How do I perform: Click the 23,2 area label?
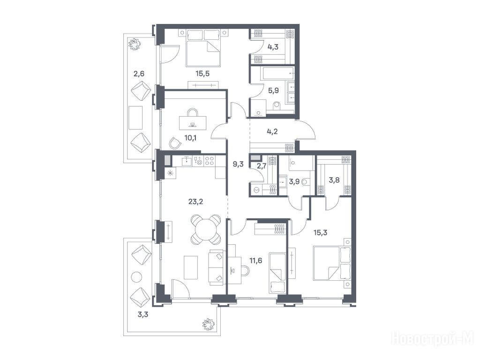(x=196, y=202)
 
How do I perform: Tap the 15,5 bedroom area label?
(x=202, y=74)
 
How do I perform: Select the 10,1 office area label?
(x=190, y=138)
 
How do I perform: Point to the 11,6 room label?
(x=255, y=261)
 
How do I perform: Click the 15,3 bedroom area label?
(x=321, y=232)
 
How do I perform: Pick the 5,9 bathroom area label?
(x=273, y=90)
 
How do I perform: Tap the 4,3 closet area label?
(x=273, y=48)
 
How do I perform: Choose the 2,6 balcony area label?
(x=139, y=74)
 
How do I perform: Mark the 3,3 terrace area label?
(x=143, y=314)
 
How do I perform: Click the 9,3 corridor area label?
(x=238, y=164)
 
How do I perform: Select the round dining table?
(x=206, y=229)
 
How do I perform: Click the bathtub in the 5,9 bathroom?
(x=277, y=74)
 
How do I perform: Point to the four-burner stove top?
(x=210, y=161)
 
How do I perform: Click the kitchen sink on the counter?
(x=187, y=161)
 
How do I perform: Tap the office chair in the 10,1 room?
(x=175, y=142)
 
